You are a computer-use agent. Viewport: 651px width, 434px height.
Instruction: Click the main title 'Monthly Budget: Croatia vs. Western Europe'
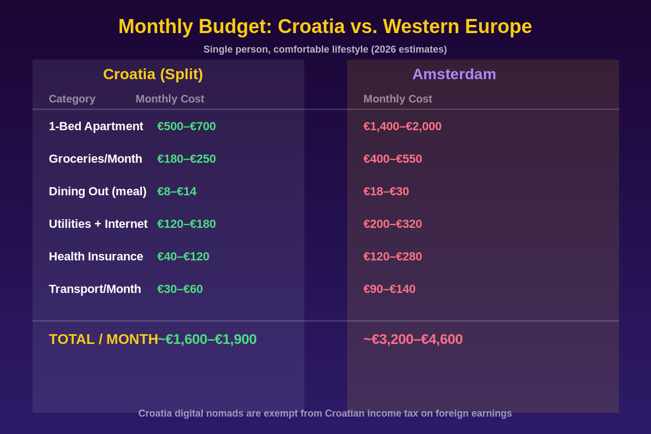point(325,27)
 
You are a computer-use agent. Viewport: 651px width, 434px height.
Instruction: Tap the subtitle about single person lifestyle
point(325,49)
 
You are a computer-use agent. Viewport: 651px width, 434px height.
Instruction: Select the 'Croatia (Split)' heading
point(153,74)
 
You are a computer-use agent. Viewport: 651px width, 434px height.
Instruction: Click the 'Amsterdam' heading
point(454,74)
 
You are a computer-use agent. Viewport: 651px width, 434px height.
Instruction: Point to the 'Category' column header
point(72,99)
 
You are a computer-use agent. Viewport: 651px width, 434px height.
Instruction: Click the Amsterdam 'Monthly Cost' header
point(398,99)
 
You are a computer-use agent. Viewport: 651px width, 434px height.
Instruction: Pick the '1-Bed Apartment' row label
point(96,126)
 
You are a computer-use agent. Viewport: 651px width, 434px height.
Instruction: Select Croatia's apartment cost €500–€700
point(187,126)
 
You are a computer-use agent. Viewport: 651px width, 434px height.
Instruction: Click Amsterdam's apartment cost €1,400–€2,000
point(403,126)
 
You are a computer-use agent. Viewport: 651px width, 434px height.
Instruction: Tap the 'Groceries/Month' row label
point(95,159)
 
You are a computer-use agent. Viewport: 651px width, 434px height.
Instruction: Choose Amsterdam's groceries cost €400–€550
point(393,159)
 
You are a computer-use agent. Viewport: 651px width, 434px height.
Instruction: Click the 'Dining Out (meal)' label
point(98,192)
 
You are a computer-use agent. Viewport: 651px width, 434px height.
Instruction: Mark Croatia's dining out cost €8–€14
point(177,192)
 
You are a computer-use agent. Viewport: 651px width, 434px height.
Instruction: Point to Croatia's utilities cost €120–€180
point(187,224)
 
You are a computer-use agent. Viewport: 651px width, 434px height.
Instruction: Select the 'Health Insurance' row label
point(96,257)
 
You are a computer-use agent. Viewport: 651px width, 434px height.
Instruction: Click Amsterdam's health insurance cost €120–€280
point(393,257)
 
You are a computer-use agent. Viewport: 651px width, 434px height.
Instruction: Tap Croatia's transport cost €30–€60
point(180,289)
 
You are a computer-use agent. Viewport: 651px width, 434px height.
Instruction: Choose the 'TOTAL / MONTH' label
point(103,339)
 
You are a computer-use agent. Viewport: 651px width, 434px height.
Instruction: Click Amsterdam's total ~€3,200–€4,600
point(413,339)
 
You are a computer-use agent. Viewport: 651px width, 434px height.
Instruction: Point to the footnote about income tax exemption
point(325,413)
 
